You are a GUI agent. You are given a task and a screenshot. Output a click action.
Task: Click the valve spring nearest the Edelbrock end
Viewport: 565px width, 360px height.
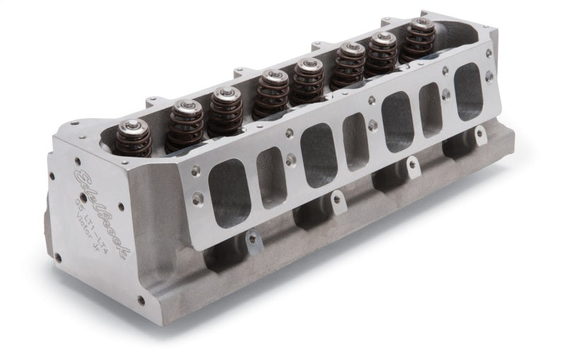135,141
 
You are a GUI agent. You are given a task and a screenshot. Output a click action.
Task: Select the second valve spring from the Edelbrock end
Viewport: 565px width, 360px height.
185,124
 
